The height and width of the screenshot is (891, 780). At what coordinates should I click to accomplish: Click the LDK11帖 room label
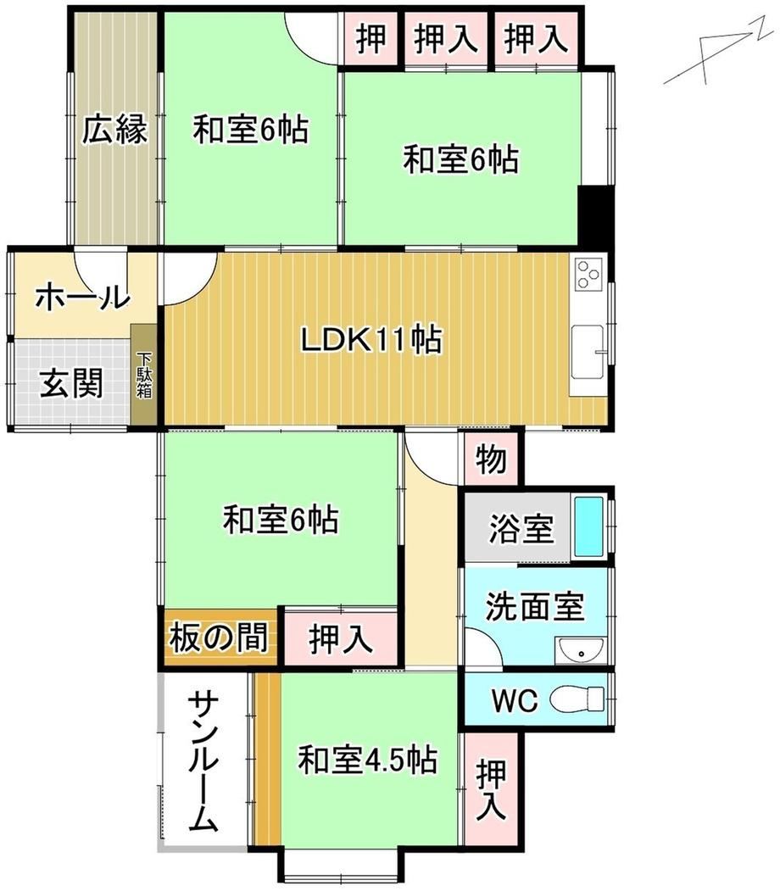click(x=370, y=340)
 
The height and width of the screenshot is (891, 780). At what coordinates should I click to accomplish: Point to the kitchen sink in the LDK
click(x=588, y=352)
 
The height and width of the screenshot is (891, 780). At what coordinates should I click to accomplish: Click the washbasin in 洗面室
click(x=581, y=650)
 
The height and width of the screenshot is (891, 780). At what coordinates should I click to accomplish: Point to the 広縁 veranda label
click(x=114, y=130)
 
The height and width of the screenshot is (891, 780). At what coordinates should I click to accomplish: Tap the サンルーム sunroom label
click(x=203, y=761)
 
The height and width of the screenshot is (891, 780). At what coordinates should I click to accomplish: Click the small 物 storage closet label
click(x=491, y=459)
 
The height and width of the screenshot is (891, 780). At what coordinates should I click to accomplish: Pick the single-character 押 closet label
click(x=370, y=39)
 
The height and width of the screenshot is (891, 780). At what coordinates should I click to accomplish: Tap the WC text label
click(x=515, y=700)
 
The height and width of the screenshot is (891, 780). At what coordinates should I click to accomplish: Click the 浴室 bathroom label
click(x=521, y=528)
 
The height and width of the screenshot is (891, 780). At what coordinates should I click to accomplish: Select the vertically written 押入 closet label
click(x=491, y=790)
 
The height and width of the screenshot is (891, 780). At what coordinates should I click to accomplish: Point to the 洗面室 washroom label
click(x=535, y=606)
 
